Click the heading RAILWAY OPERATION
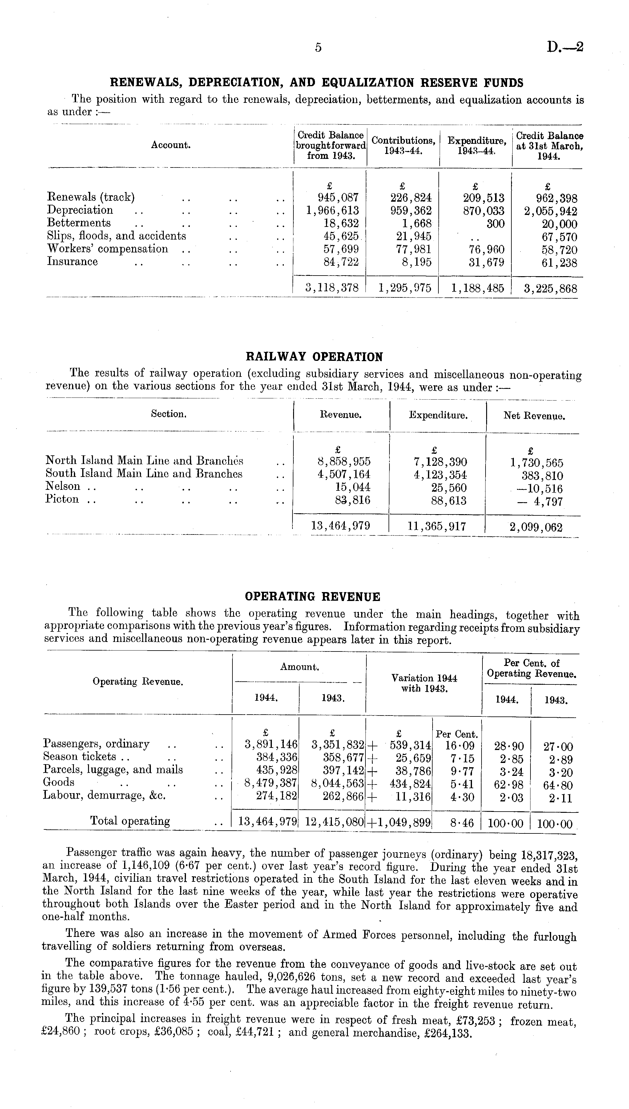point(314,357)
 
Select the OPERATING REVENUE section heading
point(312,597)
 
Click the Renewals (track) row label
point(91,197)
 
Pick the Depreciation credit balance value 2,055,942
point(550,211)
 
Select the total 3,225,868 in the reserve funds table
point(550,288)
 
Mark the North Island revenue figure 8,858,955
point(344,462)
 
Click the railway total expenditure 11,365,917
point(437,526)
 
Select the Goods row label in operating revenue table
point(59,782)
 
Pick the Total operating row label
point(130,821)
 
